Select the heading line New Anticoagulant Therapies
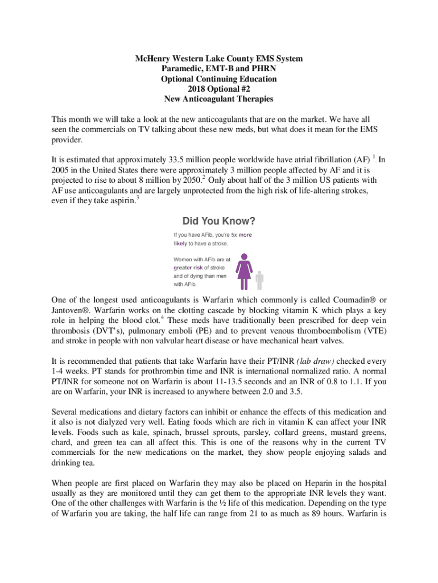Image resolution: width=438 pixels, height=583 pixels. coord(219,98)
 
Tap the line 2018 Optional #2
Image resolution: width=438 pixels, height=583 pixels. coord(219,89)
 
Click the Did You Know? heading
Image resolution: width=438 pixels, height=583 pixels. coord(218,220)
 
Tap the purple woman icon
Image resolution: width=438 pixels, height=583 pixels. coord(245,271)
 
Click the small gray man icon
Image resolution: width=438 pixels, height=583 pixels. coord(260,280)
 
